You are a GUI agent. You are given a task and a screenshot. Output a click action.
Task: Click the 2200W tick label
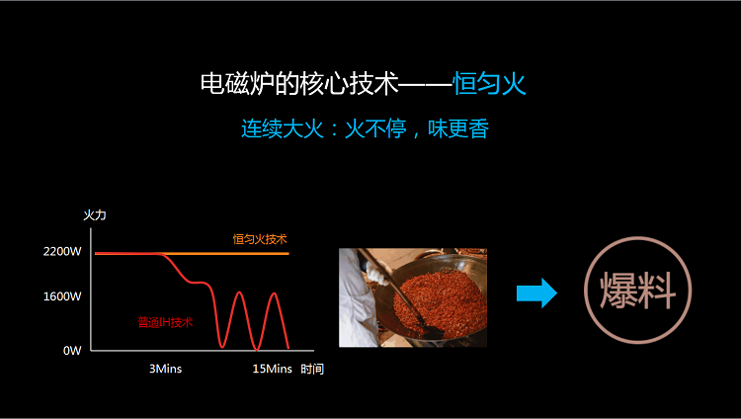coord(62,252)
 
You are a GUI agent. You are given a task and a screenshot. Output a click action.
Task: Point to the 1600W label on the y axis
coord(62,296)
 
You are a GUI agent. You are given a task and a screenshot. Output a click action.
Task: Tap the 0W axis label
coord(72,351)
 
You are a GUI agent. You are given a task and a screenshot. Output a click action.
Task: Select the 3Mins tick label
coord(165,369)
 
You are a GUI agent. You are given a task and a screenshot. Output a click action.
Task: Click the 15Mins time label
coord(273,369)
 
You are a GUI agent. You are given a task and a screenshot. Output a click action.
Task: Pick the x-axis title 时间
coord(312,369)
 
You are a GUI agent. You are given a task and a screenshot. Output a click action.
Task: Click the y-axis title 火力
coord(95,215)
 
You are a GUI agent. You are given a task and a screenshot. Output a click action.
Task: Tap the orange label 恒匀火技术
coord(260,239)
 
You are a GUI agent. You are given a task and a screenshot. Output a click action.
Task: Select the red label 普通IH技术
coord(165,322)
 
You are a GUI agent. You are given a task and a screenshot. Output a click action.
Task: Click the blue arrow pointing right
coord(536,293)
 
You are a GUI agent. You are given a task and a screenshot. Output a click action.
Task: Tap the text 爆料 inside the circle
coord(638,291)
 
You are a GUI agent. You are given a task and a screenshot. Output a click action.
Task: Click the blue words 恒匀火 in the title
coord(489,84)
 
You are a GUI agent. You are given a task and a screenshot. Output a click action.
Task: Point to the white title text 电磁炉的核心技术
coord(299,84)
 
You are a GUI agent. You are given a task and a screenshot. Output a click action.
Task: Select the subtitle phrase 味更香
coord(458,128)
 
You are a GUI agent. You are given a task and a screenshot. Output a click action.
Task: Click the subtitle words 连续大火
coord(283,128)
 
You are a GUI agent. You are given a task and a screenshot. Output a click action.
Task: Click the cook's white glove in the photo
coord(376,276)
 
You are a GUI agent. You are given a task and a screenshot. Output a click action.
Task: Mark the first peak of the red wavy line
coord(240,293)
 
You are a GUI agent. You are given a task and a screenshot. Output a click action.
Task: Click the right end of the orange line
coord(288,254)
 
